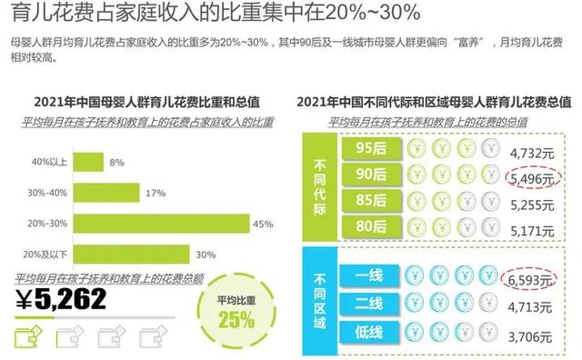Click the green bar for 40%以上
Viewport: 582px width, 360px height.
[88, 163]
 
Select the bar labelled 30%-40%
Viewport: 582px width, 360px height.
[107, 192]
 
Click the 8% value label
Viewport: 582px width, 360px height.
[116, 163]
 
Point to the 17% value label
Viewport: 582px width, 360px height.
[155, 193]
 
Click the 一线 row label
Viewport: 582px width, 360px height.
[367, 274]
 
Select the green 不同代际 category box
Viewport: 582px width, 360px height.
[320, 186]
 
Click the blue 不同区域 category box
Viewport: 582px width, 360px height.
[320, 299]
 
